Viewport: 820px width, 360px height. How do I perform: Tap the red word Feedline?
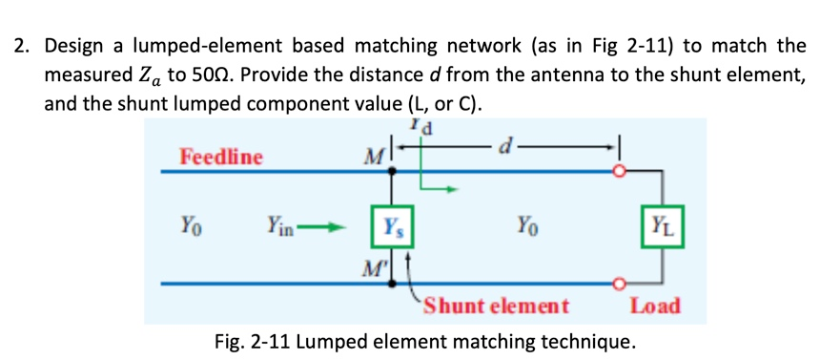221,157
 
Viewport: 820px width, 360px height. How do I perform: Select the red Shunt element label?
496,307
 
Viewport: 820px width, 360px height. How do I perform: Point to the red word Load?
655,307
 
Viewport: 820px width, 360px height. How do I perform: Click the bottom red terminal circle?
621,283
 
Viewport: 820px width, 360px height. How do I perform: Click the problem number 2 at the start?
20,45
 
